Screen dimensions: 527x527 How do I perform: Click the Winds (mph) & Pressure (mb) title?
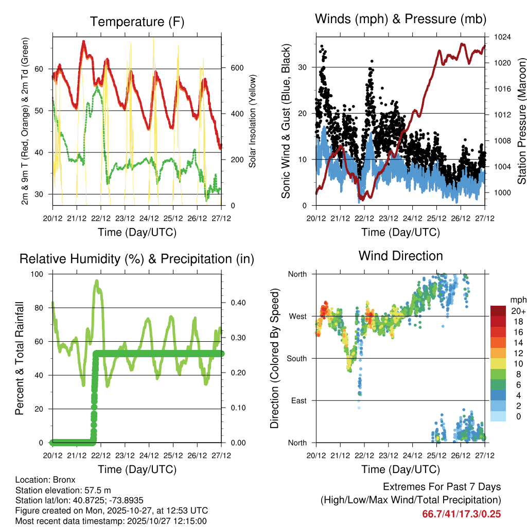coord(400,20)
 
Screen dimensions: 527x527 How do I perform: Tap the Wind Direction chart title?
coord(400,256)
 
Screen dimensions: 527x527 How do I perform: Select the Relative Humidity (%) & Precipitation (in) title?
coord(137,259)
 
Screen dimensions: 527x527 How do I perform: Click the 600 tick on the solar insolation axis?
coord(237,68)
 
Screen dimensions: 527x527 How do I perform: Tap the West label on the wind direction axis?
coord(297,316)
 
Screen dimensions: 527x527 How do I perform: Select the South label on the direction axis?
coord(296,358)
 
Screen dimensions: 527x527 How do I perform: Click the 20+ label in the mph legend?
coord(518,311)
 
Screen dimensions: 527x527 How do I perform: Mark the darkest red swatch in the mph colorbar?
coord(498,310)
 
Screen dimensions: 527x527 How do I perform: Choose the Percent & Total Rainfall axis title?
coord(20,358)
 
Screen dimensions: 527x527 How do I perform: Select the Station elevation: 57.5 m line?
coord(61,490)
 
